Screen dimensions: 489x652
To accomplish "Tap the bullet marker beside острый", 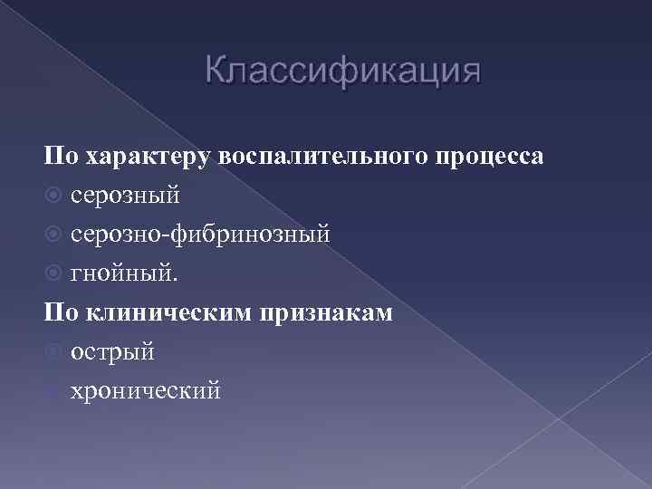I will pos(53,352).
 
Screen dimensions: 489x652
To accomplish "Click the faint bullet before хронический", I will pos(53,391).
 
